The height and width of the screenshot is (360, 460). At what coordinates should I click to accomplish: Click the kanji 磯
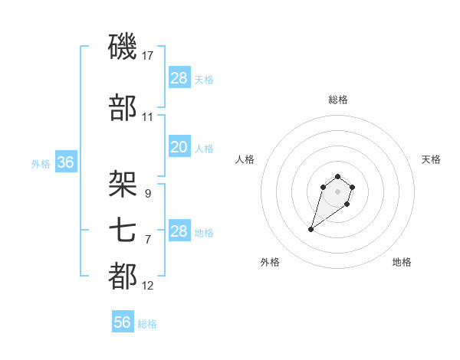[x=123, y=47]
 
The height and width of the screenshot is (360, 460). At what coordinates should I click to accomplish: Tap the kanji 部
[x=123, y=108]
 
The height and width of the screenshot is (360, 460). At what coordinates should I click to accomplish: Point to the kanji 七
[x=123, y=229]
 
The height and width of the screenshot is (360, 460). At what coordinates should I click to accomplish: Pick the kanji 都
[x=123, y=276]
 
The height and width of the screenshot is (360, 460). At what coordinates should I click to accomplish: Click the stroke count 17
[x=148, y=56]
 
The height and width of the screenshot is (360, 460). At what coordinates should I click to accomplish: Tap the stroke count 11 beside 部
[x=148, y=117]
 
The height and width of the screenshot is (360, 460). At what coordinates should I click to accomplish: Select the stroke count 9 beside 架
[x=147, y=193]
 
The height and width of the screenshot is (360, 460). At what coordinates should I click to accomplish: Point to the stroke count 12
[x=148, y=286]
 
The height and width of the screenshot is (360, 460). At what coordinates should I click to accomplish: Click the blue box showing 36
[x=65, y=162]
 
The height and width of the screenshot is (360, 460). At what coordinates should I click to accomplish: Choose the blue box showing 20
[x=179, y=147]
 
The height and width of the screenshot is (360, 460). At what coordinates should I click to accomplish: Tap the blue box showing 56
[x=123, y=322]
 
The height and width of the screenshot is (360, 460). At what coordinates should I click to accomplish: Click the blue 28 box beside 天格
[x=179, y=78]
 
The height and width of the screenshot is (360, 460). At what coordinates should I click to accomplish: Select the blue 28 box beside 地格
[x=179, y=231]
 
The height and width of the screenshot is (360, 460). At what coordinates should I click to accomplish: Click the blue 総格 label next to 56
[x=147, y=324]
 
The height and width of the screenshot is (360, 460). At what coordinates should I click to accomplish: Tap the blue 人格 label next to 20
[x=204, y=149]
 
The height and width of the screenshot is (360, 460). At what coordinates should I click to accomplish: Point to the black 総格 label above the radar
[x=338, y=100]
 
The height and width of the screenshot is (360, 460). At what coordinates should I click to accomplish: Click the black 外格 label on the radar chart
[x=270, y=262]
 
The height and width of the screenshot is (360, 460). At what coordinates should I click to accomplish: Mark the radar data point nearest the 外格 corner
[x=310, y=229]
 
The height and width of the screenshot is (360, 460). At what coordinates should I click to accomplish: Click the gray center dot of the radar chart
[x=337, y=191]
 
